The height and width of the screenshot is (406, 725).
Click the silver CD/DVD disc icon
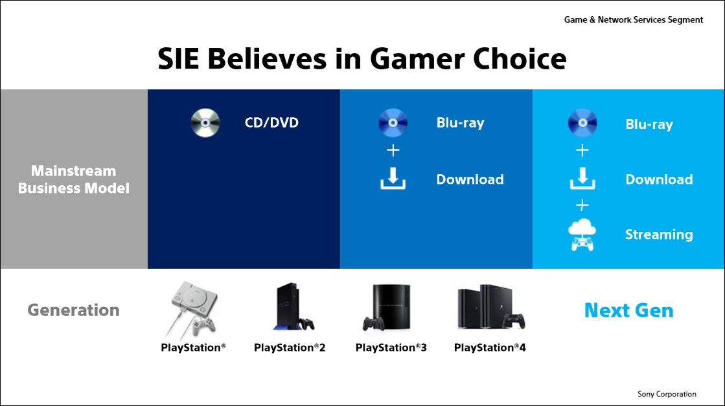(x=205, y=123)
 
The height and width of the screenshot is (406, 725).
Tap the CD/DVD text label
(x=271, y=123)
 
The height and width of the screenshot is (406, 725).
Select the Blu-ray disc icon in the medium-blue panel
(x=393, y=123)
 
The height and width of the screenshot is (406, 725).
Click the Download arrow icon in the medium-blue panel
(x=393, y=179)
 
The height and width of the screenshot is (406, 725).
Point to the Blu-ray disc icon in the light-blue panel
(x=582, y=123)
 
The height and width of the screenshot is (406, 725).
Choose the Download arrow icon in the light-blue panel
(x=582, y=179)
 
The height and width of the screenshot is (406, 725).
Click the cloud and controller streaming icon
(x=582, y=234)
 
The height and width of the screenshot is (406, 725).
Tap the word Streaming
(x=659, y=234)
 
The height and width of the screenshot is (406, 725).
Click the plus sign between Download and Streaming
(x=582, y=205)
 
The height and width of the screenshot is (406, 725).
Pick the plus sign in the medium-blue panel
(x=393, y=150)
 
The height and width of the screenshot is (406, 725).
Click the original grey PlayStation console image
(x=192, y=310)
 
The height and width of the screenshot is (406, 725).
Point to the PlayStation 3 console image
(x=387, y=308)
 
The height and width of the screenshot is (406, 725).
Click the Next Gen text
(x=629, y=310)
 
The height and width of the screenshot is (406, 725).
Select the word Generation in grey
(x=73, y=310)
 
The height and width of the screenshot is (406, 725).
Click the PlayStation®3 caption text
(x=391, y=347)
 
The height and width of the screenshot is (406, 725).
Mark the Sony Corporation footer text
(x=667, y=394)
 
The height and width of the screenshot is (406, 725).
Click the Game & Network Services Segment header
(x=634, y=20)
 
